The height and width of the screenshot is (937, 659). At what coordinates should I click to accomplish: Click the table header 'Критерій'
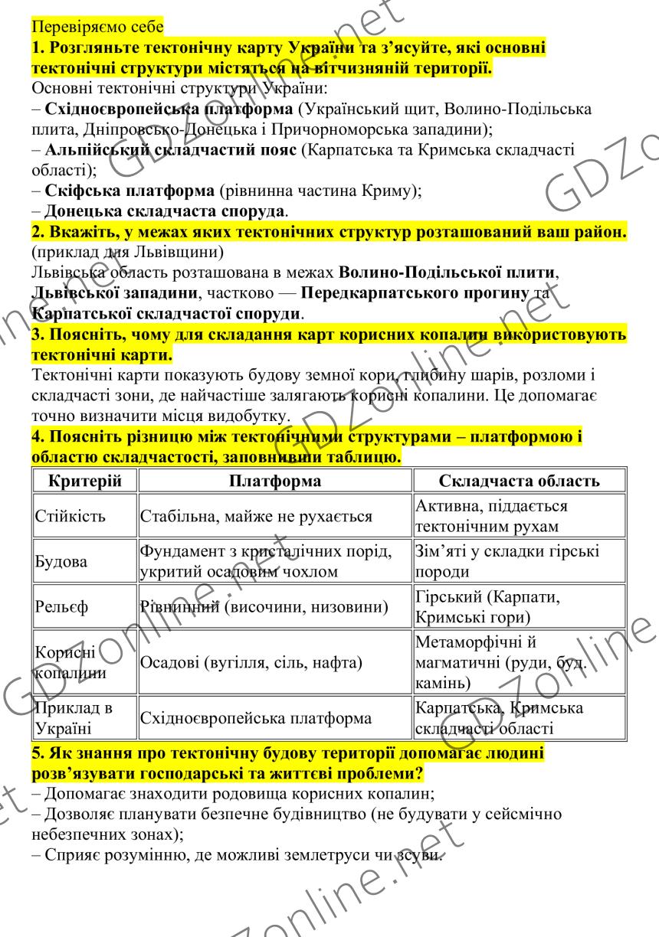click(84, 481)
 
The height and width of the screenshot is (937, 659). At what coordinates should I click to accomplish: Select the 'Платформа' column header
click(275, 481)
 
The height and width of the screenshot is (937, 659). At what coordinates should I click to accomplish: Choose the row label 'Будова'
click(61, 561)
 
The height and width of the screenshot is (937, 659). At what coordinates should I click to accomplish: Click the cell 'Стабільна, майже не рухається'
click(256, 517)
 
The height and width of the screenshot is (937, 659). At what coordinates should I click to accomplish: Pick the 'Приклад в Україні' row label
click(74, 718)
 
